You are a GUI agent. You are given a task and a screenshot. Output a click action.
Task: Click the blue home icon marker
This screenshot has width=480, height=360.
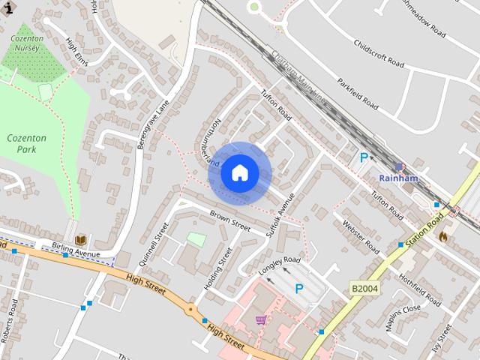tap(240, 173)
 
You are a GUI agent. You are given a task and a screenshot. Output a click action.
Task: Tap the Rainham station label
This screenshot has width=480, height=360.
tap(397, 178)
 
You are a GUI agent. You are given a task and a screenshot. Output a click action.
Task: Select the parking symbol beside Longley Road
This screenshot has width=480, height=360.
tap(299, 289)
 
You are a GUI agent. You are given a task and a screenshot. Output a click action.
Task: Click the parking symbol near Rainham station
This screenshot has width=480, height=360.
tap(364, 157)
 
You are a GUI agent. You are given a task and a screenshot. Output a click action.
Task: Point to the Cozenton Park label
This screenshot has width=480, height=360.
tap(26, 143)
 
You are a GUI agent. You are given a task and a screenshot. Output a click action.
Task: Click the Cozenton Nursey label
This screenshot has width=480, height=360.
tap(27, 42)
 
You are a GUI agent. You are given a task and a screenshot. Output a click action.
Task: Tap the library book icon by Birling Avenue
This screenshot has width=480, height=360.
tap(80, 240)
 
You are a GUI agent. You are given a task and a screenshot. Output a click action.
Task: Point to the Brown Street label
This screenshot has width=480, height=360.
tap(229, 220)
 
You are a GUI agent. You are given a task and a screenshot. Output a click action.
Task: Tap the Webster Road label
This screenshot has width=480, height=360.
tap(361, 235)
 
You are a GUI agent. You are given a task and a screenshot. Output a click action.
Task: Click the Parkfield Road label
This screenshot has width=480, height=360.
tap(357, 93)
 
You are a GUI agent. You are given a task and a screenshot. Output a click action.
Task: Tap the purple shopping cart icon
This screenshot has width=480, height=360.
tap(260, 320)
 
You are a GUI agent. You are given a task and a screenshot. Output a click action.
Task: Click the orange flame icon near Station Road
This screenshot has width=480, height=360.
tap(443, 236)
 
